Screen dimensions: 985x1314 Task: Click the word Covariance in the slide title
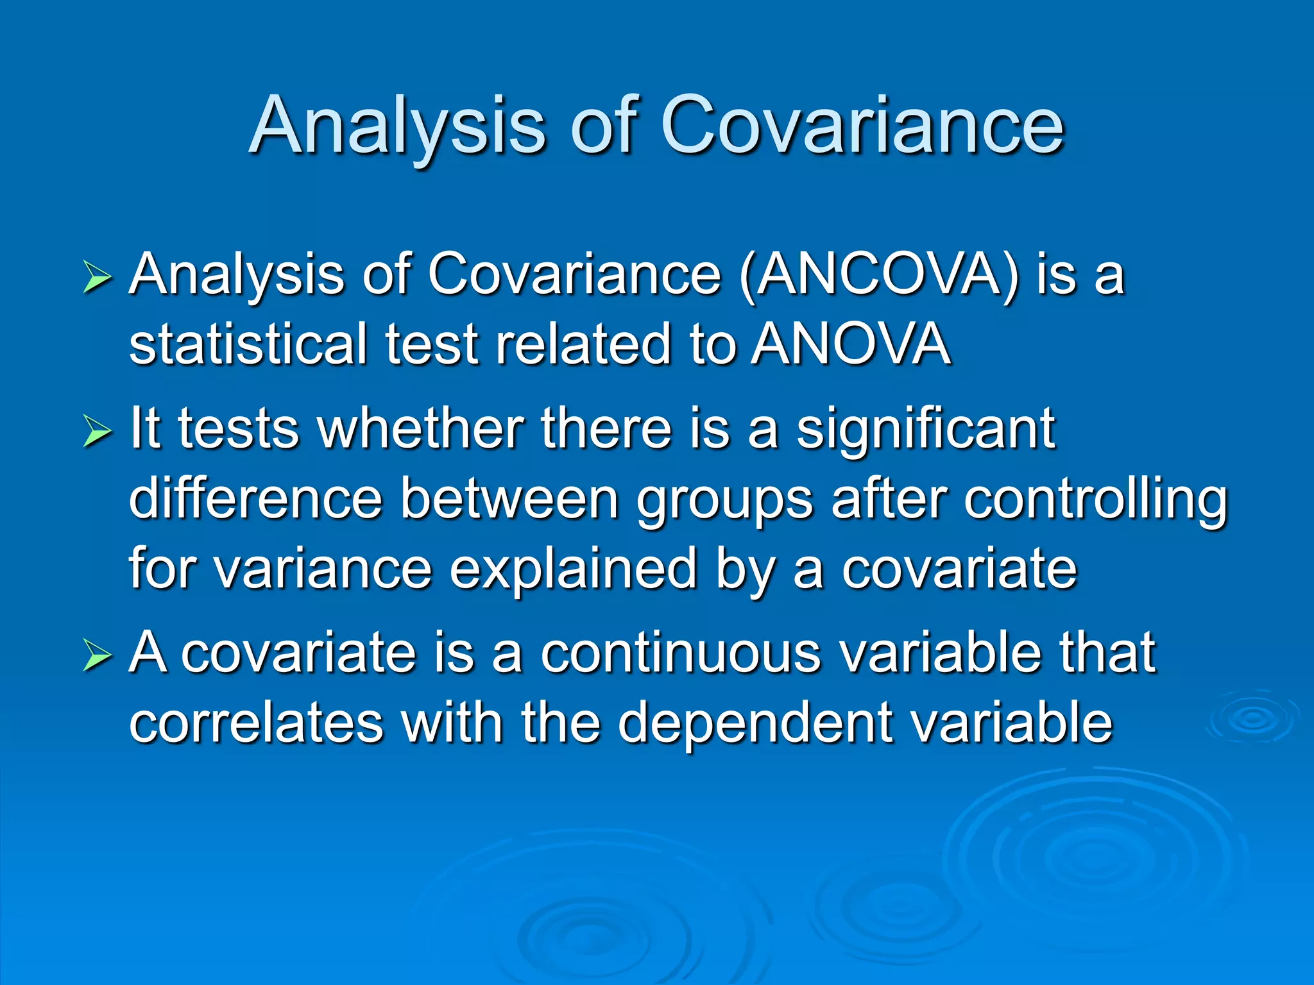coord(862,126)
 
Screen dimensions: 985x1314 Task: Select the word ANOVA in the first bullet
coord(851,345)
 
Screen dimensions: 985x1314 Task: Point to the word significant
coord(926,428)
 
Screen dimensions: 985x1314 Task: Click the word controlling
coord(1095,500)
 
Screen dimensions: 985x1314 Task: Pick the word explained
coord(573,569)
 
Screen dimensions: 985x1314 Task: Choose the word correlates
coord(256,723)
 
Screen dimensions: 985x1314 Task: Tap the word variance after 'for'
coord(323,569)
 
